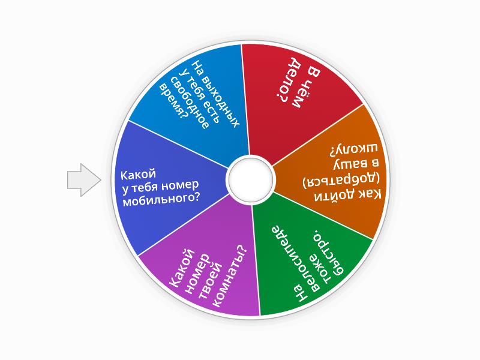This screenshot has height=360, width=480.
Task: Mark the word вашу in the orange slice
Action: pos(356,164)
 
